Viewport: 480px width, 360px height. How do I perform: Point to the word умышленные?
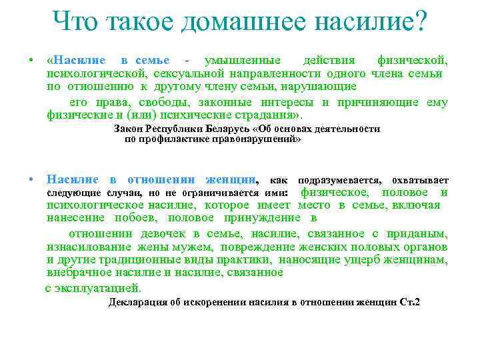[x=243, y=60]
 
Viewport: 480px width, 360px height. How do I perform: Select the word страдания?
[x=253, y=115]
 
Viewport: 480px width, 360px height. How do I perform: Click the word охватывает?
[x=420, y=180]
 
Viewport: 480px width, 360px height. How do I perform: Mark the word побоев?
[x=125, y=218]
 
